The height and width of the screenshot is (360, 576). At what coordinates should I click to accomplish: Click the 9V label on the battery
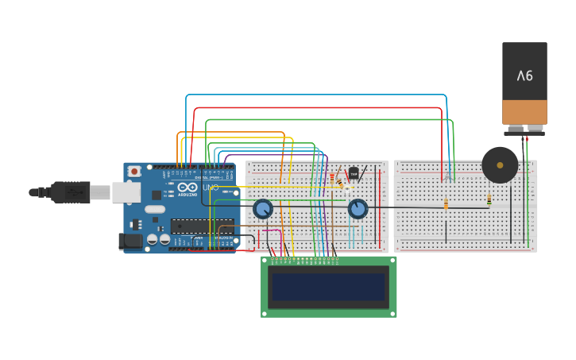(x=524, y=75)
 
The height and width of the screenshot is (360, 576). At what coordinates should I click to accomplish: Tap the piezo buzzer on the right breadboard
(x=500, y=165)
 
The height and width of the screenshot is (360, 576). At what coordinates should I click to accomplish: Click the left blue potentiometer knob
(x=263, y=209)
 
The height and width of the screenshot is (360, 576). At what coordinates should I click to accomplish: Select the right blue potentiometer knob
(x=358, y=208)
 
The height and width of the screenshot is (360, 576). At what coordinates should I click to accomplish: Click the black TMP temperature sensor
(x=354, y=172)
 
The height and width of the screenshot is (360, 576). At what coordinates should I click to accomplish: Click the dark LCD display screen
(x=328, y=287)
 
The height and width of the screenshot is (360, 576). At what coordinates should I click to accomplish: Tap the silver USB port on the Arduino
(x=126, y=192)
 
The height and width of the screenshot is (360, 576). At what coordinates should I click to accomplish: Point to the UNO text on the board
(x=211, y=188)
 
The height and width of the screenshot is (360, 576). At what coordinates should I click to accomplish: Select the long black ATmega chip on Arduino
(x=202, y=226)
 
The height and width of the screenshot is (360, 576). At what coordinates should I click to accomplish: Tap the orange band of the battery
(x=524, y=111)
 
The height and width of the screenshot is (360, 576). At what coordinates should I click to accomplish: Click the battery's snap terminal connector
(x=524, y=129)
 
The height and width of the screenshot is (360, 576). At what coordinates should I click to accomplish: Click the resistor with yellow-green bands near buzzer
(x=489, y=200)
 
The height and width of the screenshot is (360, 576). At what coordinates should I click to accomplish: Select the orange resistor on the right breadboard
(x=446, y=204)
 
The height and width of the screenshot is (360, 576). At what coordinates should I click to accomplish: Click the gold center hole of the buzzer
(x=500, y=165)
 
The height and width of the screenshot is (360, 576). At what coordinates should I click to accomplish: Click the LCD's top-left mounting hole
(x=265, y=260)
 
